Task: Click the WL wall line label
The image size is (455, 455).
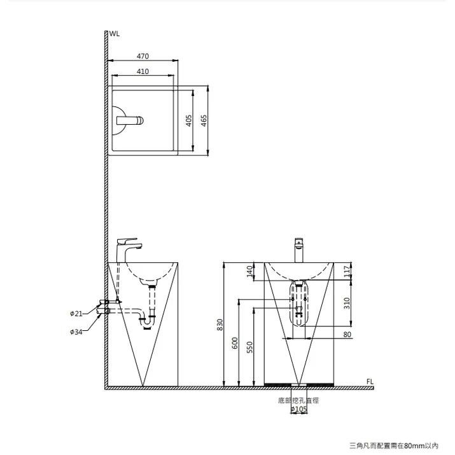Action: pos(115,34)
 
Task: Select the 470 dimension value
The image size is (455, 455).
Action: pos(143,56)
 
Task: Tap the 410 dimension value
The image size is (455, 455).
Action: pos(143,71)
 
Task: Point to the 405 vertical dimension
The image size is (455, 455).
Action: pos(188,121)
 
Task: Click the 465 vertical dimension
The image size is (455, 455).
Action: pos(204,121)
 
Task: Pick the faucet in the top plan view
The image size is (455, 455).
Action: pos(130,120)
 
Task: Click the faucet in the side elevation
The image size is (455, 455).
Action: pos(129,250)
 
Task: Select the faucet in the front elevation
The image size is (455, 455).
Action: pos(299,250)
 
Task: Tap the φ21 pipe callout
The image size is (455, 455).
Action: pos(76,314)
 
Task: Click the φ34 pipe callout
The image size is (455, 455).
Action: pos(76,332)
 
